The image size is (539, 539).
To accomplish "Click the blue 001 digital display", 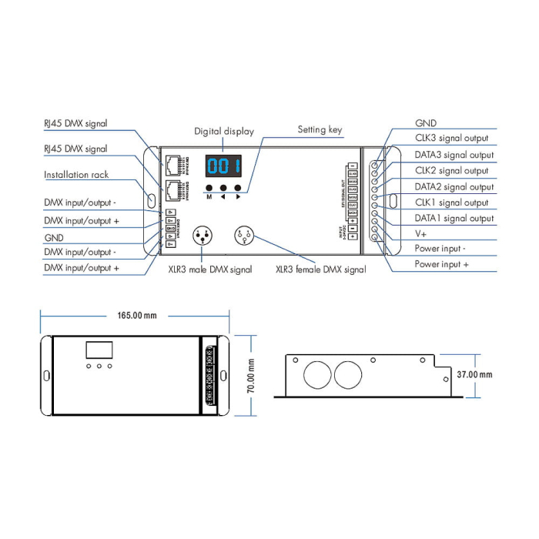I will (223, 166).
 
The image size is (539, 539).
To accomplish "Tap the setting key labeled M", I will (209, 188).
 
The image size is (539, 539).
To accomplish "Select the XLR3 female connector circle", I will (246, 235).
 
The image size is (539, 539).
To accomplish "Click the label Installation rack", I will (76, 175).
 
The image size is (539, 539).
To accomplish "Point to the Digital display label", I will (223, 132).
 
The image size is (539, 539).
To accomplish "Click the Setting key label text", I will (320, 130).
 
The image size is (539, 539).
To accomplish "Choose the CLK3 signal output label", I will (451, 139).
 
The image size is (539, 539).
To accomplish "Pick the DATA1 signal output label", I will (454, 219).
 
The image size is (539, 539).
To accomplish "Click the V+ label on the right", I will (421, 233).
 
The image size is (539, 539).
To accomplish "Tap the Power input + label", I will (442, 264).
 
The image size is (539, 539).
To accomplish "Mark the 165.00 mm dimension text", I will (136, 316).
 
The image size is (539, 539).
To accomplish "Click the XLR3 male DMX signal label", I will (209, 269).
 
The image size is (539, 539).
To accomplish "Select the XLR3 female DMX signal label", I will (321, 269).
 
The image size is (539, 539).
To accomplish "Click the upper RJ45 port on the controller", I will (171, 164).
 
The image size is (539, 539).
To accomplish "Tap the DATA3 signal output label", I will (454, 155).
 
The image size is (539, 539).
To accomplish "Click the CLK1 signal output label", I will (451, 203).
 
